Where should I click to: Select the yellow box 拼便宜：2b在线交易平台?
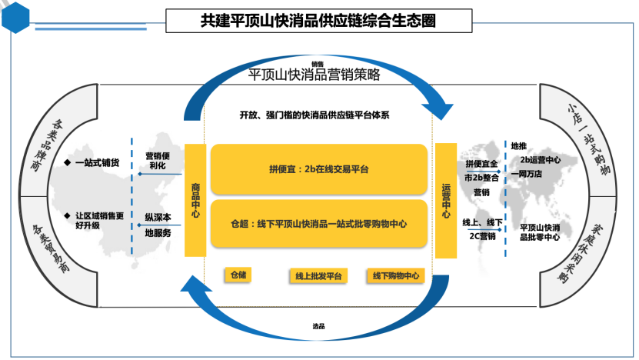pos(318,168)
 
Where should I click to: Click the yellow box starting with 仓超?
pos(318,224)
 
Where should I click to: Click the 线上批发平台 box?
pos(318,275)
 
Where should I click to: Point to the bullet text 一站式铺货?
pos(97,163)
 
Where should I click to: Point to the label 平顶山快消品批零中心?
pos(541,232)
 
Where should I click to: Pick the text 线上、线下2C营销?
pos(481,229)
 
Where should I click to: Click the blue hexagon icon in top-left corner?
pos(17,17)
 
